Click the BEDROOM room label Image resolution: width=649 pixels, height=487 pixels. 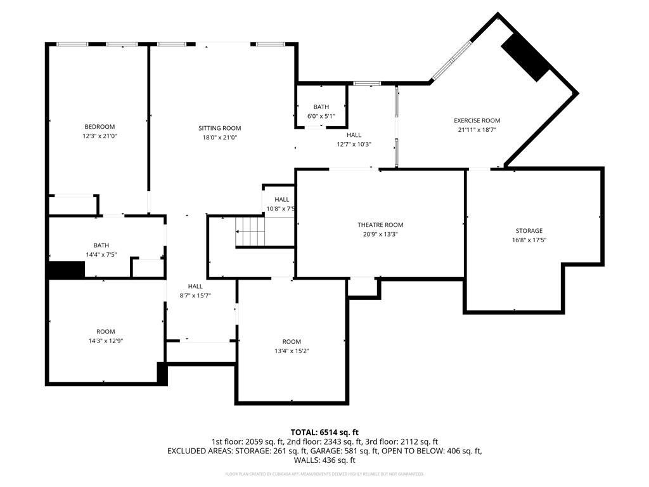[100, 127]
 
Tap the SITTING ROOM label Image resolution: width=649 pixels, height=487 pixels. [219, 128]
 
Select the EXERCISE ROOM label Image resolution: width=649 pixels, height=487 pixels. [477, 120]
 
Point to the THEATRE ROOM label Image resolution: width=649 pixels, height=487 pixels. [380, 225]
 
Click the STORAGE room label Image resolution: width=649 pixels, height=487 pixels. [529, 231]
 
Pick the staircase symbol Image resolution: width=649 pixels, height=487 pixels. [251, 232]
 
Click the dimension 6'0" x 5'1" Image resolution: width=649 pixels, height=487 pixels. [321, 116]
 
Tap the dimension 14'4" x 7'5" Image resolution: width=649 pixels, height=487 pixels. [101, 254]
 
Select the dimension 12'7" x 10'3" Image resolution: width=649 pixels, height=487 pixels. [354, 144]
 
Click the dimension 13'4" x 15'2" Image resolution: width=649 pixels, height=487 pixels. [292, 351]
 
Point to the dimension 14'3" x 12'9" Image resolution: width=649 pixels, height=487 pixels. [106, 341]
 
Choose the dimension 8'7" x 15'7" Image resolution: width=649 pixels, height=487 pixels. [195, 295]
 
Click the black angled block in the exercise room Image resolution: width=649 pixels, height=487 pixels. [525, 56]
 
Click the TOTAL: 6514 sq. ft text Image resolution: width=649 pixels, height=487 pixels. [324, 432]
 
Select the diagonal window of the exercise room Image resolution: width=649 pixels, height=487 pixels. [451, 62]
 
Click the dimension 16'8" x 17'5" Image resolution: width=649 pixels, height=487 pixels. [529, 240]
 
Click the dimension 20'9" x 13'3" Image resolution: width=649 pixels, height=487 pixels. [380, 234]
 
